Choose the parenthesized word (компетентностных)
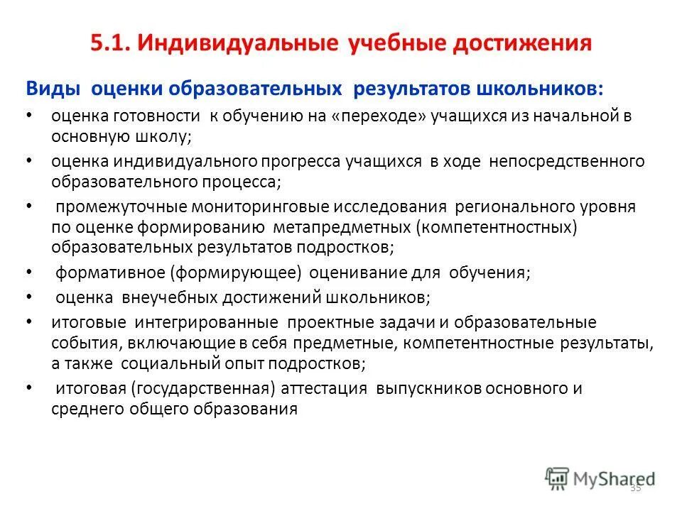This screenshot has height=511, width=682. coord(496,227)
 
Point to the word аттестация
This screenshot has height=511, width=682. coord(325,389)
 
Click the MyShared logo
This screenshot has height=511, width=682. coord(600,478)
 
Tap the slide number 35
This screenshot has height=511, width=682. coord(635,488)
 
